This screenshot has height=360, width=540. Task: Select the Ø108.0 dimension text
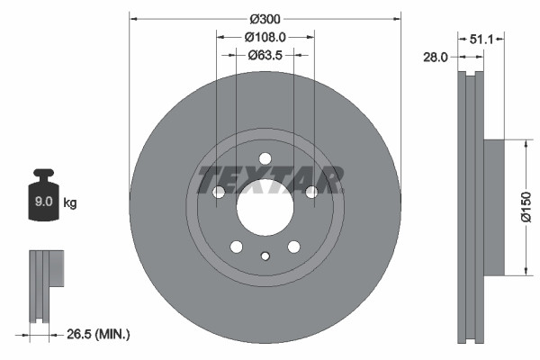click(x=265, y=38)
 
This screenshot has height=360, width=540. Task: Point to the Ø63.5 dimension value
click(x=265, y=55)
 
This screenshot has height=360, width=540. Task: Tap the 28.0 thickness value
click(x=435, y=57)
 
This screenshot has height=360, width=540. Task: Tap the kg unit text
click(x=70, y=203)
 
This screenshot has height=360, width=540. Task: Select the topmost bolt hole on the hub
click(x=265, y=159)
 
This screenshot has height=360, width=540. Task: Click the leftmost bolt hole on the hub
click(x=219, y=192)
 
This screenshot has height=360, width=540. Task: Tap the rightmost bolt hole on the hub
click(x=311, y=192)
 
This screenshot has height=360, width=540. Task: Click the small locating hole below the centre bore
click(x=265, y=256)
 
